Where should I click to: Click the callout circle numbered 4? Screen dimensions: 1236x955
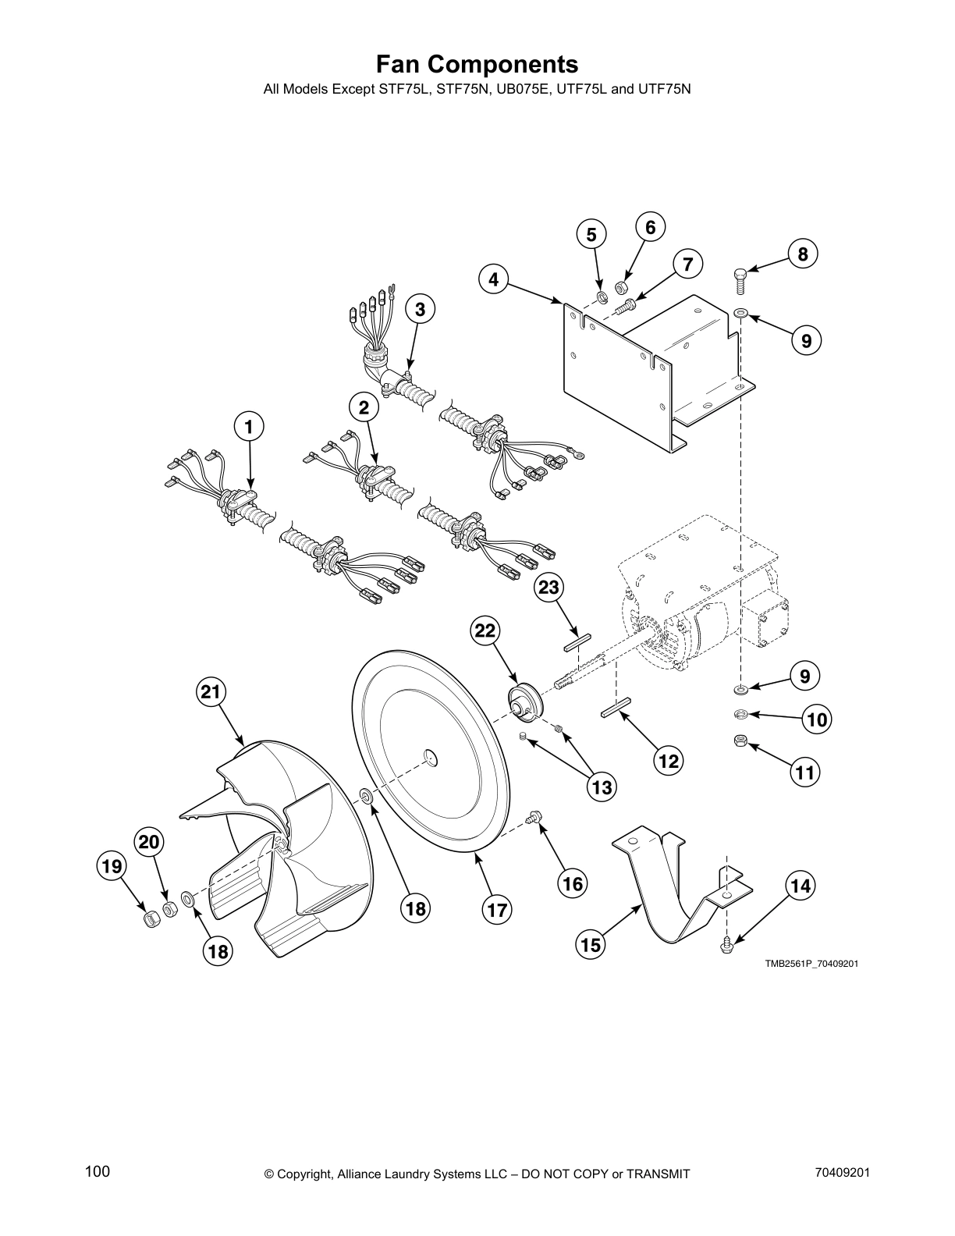click(494, 279)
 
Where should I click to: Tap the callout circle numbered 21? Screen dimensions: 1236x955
click(211, 691)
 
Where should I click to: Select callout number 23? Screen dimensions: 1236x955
click(549, 587)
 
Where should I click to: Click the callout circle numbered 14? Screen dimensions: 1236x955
click(801, 886)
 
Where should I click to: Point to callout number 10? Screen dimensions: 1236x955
click(817, 719)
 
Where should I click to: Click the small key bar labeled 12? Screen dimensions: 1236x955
click(615, 712)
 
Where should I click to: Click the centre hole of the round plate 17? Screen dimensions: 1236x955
click(428, 756)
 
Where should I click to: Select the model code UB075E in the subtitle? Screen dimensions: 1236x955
click(521, 89)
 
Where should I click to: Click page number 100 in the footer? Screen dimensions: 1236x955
click(98, 1171)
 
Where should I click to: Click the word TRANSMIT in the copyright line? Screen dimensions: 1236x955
click(651, 1174)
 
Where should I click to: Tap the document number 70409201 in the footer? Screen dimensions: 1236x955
click(842, 1171)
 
